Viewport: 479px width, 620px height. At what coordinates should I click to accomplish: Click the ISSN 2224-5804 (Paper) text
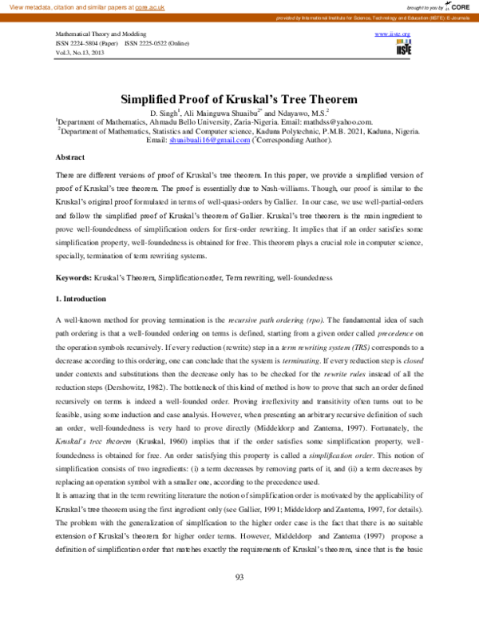coord(85,42)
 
